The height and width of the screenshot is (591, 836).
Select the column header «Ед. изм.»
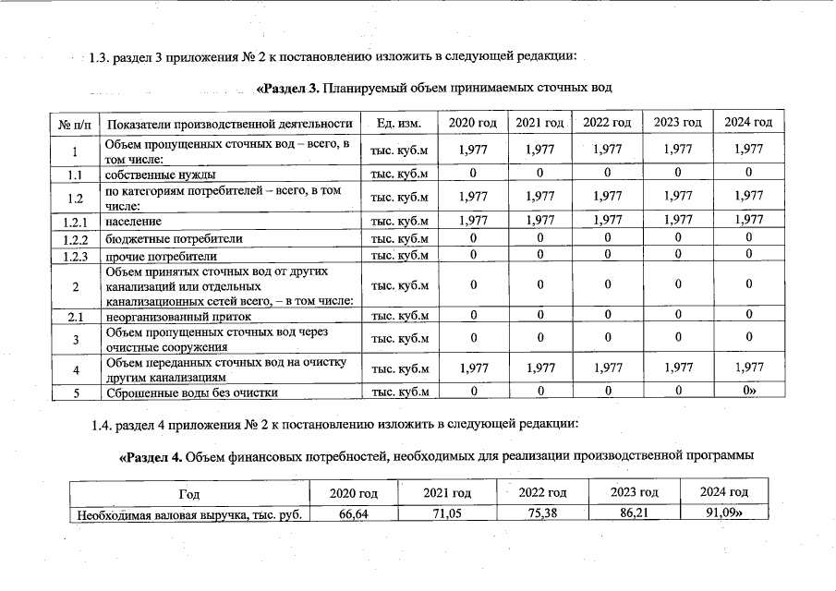[399, 123]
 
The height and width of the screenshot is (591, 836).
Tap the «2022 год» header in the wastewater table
[607, 123]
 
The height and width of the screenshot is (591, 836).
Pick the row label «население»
[133, 222]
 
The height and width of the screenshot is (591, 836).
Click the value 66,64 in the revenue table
[354, 515]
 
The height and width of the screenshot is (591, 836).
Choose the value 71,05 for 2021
[447, 515]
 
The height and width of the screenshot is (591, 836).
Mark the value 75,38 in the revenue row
[542, 515]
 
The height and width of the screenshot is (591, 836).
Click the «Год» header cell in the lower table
[189, 493]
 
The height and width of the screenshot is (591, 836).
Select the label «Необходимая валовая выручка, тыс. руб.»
[189, 515]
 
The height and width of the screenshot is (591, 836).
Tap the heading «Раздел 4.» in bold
[151, 457]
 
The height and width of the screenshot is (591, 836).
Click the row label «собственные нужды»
[160, 174]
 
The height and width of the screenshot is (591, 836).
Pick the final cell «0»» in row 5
[749, 392]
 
